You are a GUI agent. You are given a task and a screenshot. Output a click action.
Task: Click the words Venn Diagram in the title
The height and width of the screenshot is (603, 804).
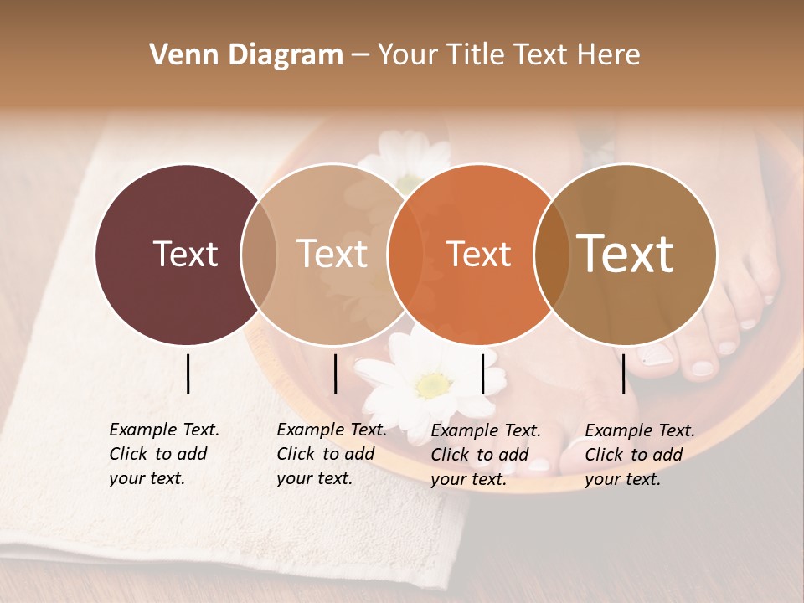point(246,55)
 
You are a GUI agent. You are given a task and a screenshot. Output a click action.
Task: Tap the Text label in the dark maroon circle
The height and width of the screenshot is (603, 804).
point(185,254)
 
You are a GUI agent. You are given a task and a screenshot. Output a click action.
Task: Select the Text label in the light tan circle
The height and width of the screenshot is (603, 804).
point(332,254)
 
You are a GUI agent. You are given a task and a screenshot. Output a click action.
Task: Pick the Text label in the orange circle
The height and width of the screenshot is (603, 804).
point(478,254)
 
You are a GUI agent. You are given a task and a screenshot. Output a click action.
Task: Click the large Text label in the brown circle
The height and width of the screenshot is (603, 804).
point(625,253)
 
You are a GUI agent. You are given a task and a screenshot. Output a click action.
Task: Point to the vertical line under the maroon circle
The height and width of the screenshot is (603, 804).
point(188,374)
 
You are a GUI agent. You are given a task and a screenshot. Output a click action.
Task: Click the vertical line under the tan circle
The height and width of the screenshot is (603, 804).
point(335,374)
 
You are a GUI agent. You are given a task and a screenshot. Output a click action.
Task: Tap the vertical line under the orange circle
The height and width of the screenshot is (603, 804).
point(482,374)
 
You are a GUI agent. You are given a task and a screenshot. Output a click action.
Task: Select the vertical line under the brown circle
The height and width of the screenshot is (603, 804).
point(623,374)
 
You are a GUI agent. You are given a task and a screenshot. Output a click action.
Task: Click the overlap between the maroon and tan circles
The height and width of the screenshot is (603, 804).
point(259,254)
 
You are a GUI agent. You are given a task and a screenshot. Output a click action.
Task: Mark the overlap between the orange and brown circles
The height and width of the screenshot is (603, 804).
point(551,254)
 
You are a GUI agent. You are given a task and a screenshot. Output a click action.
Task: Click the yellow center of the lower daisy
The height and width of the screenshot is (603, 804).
point(432,385)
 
